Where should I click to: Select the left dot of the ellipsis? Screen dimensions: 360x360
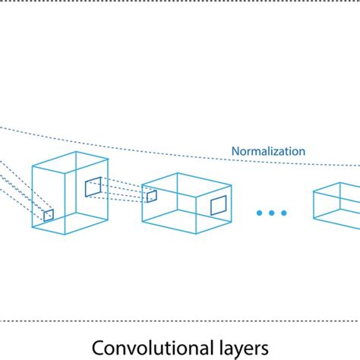(259, 212)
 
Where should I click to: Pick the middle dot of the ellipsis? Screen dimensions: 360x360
(271, 212)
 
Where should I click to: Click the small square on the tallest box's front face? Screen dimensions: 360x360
(49, 215)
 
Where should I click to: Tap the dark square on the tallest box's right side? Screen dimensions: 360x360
(93, 187)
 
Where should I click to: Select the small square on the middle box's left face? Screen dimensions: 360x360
(152, 196)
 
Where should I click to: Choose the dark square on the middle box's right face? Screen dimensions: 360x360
(218, 204)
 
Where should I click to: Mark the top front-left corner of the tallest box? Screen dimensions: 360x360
(32, 166)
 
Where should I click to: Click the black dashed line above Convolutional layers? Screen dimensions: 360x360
(180, 320)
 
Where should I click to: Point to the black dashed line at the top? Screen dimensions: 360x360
(180, 2)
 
